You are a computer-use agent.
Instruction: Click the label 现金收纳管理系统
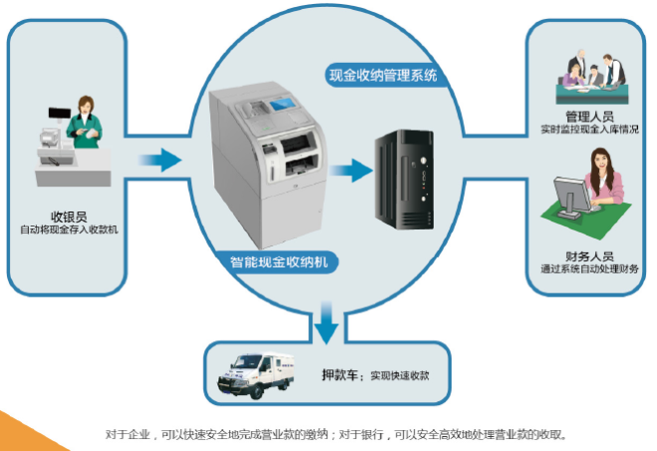383,75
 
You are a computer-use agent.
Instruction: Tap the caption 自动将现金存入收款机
70,231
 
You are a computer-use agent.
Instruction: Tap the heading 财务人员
588,255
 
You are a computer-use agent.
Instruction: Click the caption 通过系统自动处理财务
588,270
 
